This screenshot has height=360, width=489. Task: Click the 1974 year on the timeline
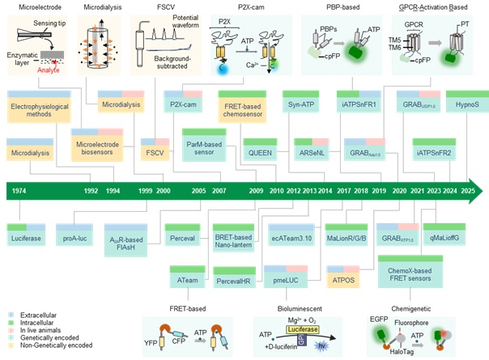click(x=19, y=192)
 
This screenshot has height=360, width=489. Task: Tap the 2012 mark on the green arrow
click(x=289, y=192)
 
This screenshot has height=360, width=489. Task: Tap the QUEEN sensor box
click(x=260, y=151)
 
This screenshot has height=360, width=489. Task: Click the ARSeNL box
click(x=312, y=151)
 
